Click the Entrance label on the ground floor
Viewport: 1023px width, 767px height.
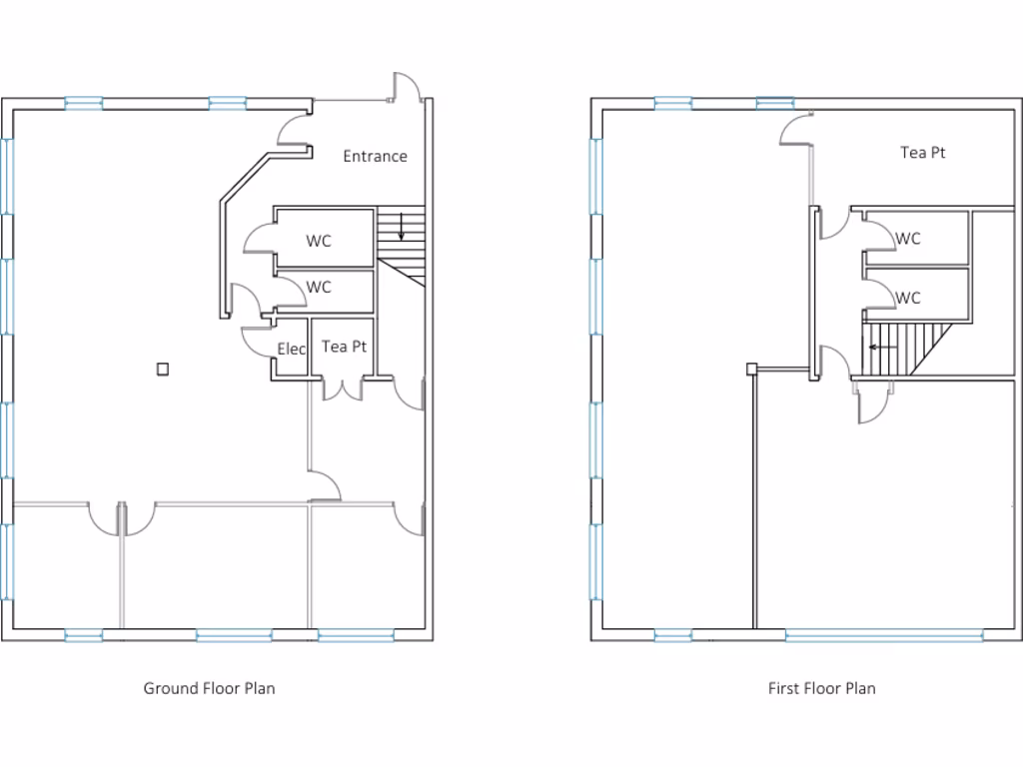point(375,156)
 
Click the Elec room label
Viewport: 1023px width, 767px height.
point(291,349)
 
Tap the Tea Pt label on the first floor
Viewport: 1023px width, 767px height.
point(922,153)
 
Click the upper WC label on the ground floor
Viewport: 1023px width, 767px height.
point(319,241)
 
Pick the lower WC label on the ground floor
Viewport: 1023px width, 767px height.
point(319,287)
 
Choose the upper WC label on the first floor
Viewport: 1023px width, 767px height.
point(908,239)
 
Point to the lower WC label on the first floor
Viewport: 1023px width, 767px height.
point(908,298)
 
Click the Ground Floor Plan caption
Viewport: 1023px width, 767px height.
point(209,688)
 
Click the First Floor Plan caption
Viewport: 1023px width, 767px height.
point(821,688)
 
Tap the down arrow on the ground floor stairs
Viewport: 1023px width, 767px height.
point(401,228)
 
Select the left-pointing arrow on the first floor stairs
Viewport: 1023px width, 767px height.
point(881,348)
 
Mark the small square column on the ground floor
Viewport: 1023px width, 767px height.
point(163,369)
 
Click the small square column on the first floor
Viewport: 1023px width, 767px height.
point(751,369)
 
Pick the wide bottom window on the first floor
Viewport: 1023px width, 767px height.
point(884,634)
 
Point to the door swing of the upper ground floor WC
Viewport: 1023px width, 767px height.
point(259,238)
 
